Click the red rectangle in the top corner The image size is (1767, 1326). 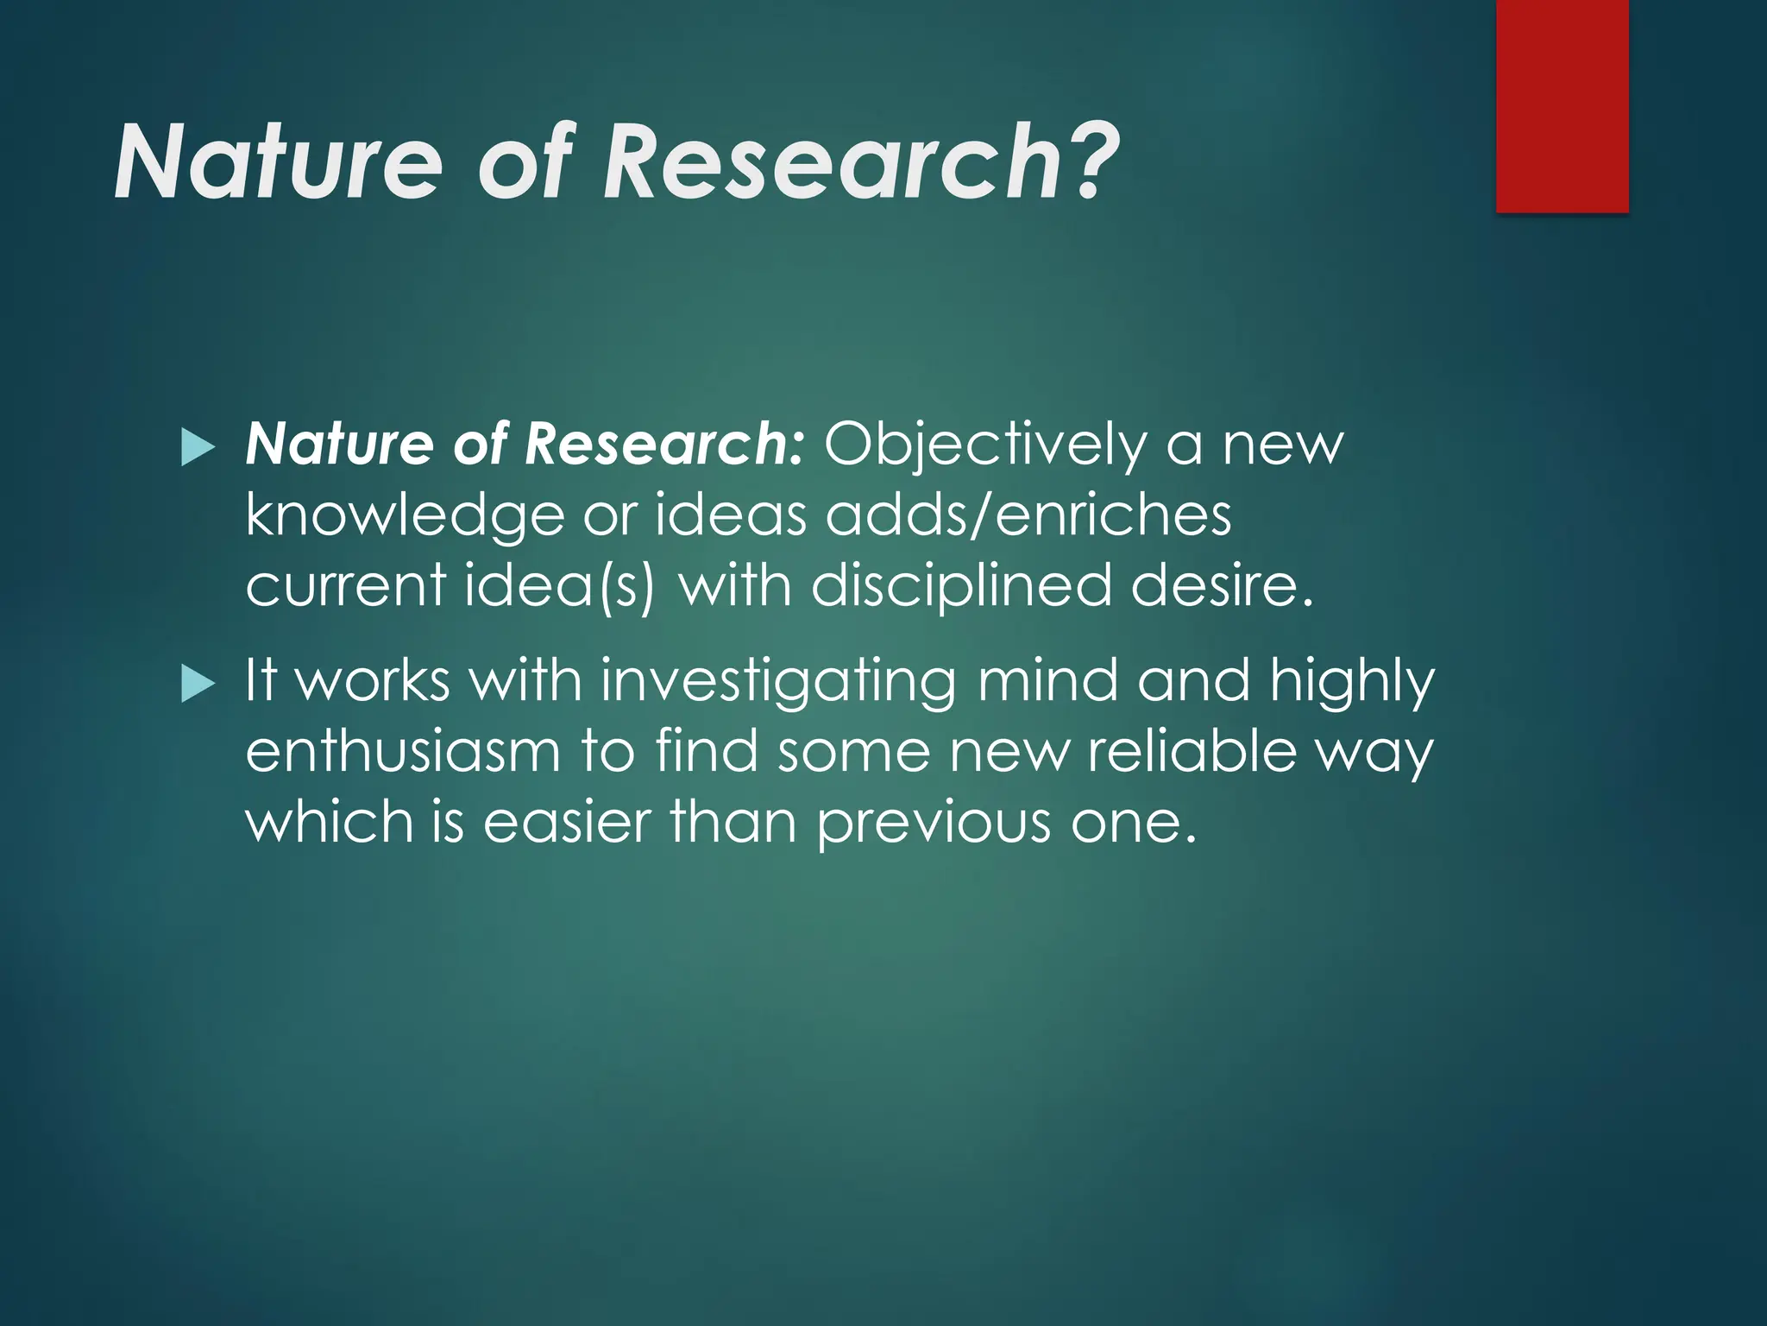click(x=1562, y=105)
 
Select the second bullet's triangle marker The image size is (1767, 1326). click(x=198, y=685)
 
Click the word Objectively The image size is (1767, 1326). click(x=984, y=445)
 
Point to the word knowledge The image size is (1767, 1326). click(x=404, y=516)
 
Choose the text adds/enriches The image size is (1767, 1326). click(x=1028, y=515)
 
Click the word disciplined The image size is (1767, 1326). click(x=961, y=584)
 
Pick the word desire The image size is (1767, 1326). click(x=1222, y=584)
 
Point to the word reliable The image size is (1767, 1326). click(x=1192, y=751)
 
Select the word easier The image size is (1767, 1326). click(x=566, y=821)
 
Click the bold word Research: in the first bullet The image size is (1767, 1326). click(x=664, y=445)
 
